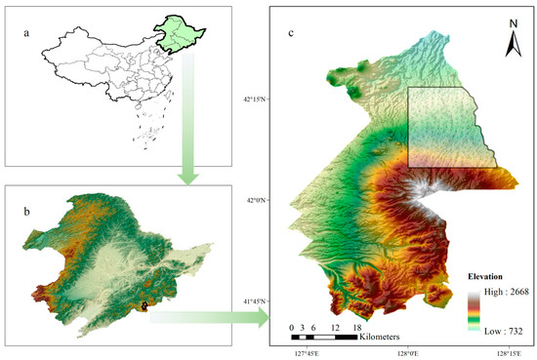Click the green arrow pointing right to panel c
coord(210,314)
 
